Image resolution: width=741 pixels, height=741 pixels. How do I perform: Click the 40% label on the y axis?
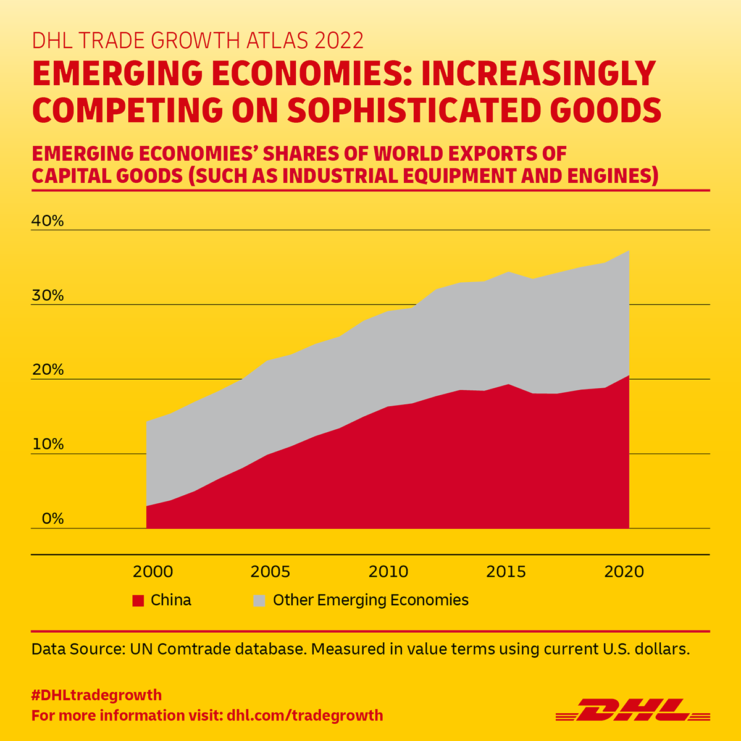(48, 221)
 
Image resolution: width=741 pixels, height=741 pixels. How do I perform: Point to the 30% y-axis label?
(48, 296)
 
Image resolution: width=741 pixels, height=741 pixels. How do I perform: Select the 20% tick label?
(48, 370)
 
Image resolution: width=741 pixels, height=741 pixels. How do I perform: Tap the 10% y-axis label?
(48, 445)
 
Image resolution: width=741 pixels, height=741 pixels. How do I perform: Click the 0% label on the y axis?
(52, 519)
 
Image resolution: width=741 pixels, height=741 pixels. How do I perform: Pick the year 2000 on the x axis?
(153, 572)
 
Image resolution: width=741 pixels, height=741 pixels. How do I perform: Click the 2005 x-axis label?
(270, 572)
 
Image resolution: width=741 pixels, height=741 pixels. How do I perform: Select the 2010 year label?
(388, 572)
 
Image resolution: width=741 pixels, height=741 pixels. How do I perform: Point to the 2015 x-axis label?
(506, 572)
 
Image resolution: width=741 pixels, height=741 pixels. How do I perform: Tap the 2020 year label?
(624, 572)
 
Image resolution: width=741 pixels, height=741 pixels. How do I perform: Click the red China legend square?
(138, 600)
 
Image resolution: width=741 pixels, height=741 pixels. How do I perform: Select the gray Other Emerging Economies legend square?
(260, 600)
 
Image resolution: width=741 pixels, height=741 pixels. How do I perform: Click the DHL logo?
(632, 710)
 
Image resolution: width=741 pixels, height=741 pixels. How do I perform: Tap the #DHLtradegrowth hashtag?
(96, 695)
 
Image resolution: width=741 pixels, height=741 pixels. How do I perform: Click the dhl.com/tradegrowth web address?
(305, 716)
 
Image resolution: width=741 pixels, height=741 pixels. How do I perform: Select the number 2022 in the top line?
(339, 40)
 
